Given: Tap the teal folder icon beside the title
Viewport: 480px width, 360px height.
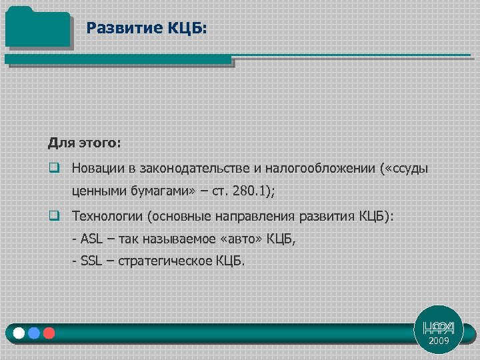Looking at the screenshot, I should (37, 28).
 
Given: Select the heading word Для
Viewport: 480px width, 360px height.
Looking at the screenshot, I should (60, 143).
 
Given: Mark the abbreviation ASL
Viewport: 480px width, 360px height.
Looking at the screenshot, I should (92, 238).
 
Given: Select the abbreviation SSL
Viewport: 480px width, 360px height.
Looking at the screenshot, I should (92, 261).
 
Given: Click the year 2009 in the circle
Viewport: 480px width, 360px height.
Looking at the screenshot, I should (439, 341).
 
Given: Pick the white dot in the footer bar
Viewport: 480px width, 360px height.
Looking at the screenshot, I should (18, 333).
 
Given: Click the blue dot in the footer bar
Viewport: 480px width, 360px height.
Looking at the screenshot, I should (33, 333).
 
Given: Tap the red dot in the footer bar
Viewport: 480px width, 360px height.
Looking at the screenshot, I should (48, 333).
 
